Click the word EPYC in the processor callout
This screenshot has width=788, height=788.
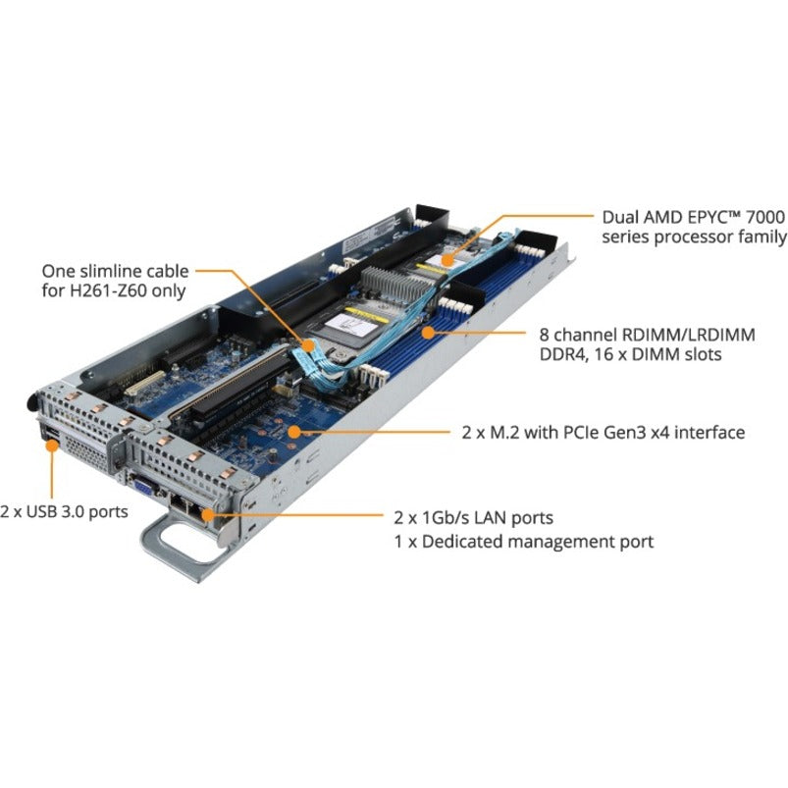[688, 215]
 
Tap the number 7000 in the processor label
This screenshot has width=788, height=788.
[766, 215]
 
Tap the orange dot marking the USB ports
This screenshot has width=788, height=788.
[50, 445]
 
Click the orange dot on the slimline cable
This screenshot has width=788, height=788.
[306, 344]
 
